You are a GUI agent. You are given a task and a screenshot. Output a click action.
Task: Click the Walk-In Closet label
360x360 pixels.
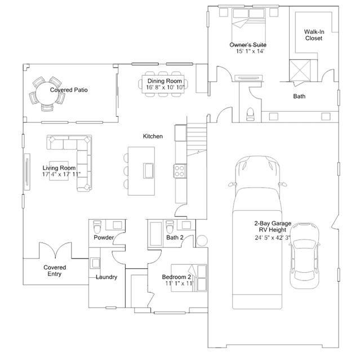tap(314, 35)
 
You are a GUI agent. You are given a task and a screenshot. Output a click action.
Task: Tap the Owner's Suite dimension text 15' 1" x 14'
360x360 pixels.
tap(250, 51)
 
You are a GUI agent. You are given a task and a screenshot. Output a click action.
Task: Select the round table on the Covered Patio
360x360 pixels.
tap(47, 94)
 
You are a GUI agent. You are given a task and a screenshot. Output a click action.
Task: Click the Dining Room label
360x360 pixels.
tap(165, 81)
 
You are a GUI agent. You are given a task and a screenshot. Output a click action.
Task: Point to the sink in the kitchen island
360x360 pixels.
tap(148, 170)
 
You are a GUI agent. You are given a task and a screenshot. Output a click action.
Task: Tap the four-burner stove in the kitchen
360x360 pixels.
tap(180, 171)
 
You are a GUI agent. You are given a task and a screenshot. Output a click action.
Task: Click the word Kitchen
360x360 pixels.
tap(153, 136)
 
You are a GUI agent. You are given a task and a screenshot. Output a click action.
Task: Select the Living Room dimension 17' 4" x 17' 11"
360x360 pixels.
tap(61, 174)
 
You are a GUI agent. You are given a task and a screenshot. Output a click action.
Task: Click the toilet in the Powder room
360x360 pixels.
tap(97, 226)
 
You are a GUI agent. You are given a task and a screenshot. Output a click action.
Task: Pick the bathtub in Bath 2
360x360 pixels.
tap(155, 234)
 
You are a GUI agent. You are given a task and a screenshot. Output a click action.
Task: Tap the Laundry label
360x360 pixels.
tap(106, 277)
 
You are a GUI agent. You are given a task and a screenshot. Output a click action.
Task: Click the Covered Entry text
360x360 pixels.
tap(55, 270)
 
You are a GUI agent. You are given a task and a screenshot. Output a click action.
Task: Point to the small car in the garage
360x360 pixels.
tap(304, 255)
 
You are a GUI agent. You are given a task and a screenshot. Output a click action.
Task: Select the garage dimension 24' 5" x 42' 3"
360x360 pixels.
tap(273, 238)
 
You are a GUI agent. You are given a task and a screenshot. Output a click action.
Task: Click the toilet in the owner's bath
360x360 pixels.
tap(250, 114)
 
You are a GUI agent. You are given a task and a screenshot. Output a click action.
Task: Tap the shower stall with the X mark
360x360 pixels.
tap(300, 70)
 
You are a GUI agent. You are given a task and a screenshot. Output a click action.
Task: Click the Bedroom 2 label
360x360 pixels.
tap(176, 277)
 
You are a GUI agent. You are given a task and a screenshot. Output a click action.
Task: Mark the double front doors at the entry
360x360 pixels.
tap(55, 250)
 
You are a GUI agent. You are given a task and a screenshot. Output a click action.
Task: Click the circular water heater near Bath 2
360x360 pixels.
tap(202, 241)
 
